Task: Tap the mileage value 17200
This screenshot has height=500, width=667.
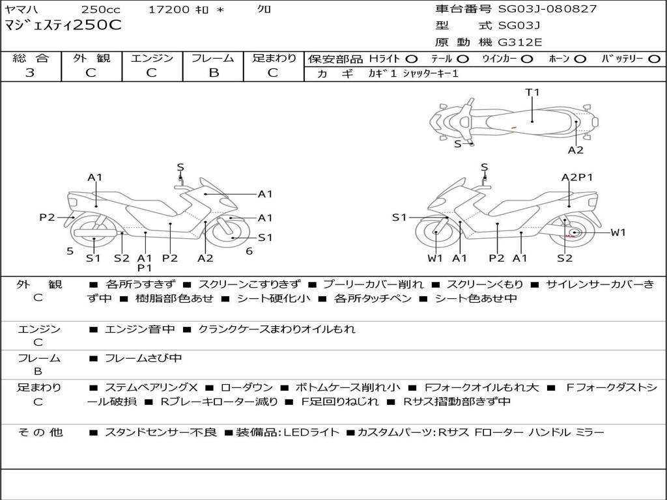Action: pyautogui.click(x=169, y=10)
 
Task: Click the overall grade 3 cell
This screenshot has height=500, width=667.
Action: pyautogui.click(x=30, y=73)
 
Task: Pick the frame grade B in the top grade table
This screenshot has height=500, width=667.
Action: pyautogui.click(x=214, y=73)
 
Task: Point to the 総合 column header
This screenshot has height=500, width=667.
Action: pyautogui.click(x=31, y=59)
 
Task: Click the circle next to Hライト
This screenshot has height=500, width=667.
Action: pyautogui.click(x=412, y=59)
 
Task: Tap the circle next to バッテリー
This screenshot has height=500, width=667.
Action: pyautogui.click(x=654, y=59)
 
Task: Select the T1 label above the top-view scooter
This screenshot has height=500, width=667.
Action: pyautogui.click(x=533, y=92)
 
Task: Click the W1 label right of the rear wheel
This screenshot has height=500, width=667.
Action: pyautogui.click(x=617, y=232)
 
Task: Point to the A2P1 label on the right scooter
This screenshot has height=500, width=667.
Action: pyautogui.click(x=577, y=177)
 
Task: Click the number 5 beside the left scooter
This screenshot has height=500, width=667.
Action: pyautogui.click(x=70, y=251)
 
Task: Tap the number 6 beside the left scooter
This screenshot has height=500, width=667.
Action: pyautogui.click(x=249, y=251)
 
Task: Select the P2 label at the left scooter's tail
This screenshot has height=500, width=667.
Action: pyautogui.click(x=47, y=217)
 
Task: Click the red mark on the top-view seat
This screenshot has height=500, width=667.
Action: pyautogui.click(x=513, y=126)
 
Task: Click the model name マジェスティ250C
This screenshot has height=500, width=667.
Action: pyautogui.click(x=63, y=25)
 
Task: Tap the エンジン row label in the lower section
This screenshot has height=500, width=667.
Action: pyautogui.click(x=38, y=329)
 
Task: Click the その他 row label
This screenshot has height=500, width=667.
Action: pyautogui.click(x=40, y=432)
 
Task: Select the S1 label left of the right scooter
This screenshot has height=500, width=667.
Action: pyautogui.click(x=399, y=217)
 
